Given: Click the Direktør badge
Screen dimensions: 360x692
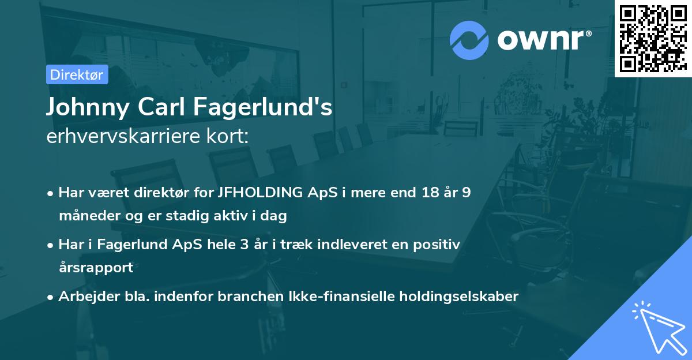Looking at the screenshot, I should pos(77,75).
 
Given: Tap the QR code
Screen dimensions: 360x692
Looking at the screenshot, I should pos(653,39).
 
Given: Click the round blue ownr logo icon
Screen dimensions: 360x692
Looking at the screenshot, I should pos(469,40).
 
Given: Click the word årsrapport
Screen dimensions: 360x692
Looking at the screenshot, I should pos(96,268).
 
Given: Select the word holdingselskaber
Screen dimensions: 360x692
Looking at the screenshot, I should pos(455,297).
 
